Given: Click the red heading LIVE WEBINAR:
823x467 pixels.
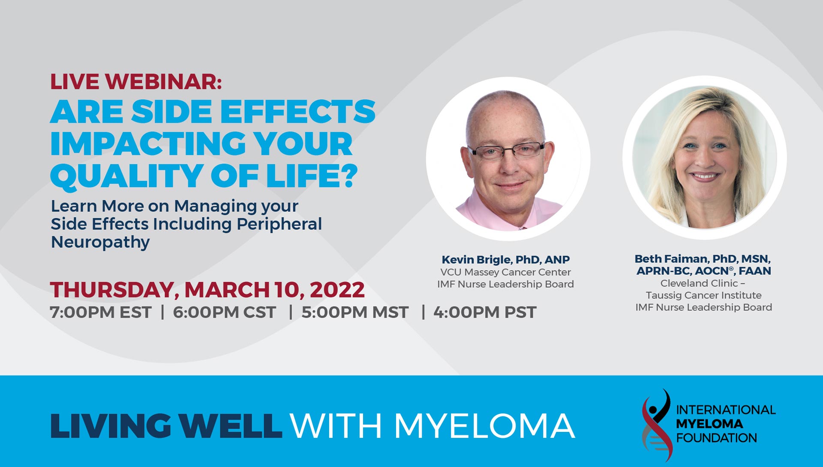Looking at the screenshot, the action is pyautogui.click(x=136, y=82).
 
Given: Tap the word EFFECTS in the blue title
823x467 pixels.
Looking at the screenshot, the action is pyautogui.click(x=298, y=111).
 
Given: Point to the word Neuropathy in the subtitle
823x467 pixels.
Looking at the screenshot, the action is pyautogui.click(x=100, y=243).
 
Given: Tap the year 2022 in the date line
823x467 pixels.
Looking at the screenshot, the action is pyautogui.click(x=337, y=290).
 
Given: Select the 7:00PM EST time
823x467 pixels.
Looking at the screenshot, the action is pyautogui.click(x=100, y=312).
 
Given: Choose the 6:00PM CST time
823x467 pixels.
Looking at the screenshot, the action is pyautogui.click(x=224, y=312).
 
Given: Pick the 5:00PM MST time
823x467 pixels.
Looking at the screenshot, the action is pyautogui.click(x=355, y=312).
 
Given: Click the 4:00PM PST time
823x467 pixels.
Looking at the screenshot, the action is pyautogui.click(x=485, y=312).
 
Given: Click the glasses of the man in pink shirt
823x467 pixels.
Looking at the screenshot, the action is pyautogui.click(x=506, y=151).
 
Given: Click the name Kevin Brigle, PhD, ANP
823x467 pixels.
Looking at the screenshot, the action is pyautogui.click(x=506, y=259).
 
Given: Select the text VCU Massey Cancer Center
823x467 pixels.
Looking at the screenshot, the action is pyautogui.click(x=506, y=272).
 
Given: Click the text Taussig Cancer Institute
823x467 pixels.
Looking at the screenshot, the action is pyautogui.click(x=704, y=295).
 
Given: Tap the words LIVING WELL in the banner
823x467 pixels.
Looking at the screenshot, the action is pyautogui.click(x=166, y=426).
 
